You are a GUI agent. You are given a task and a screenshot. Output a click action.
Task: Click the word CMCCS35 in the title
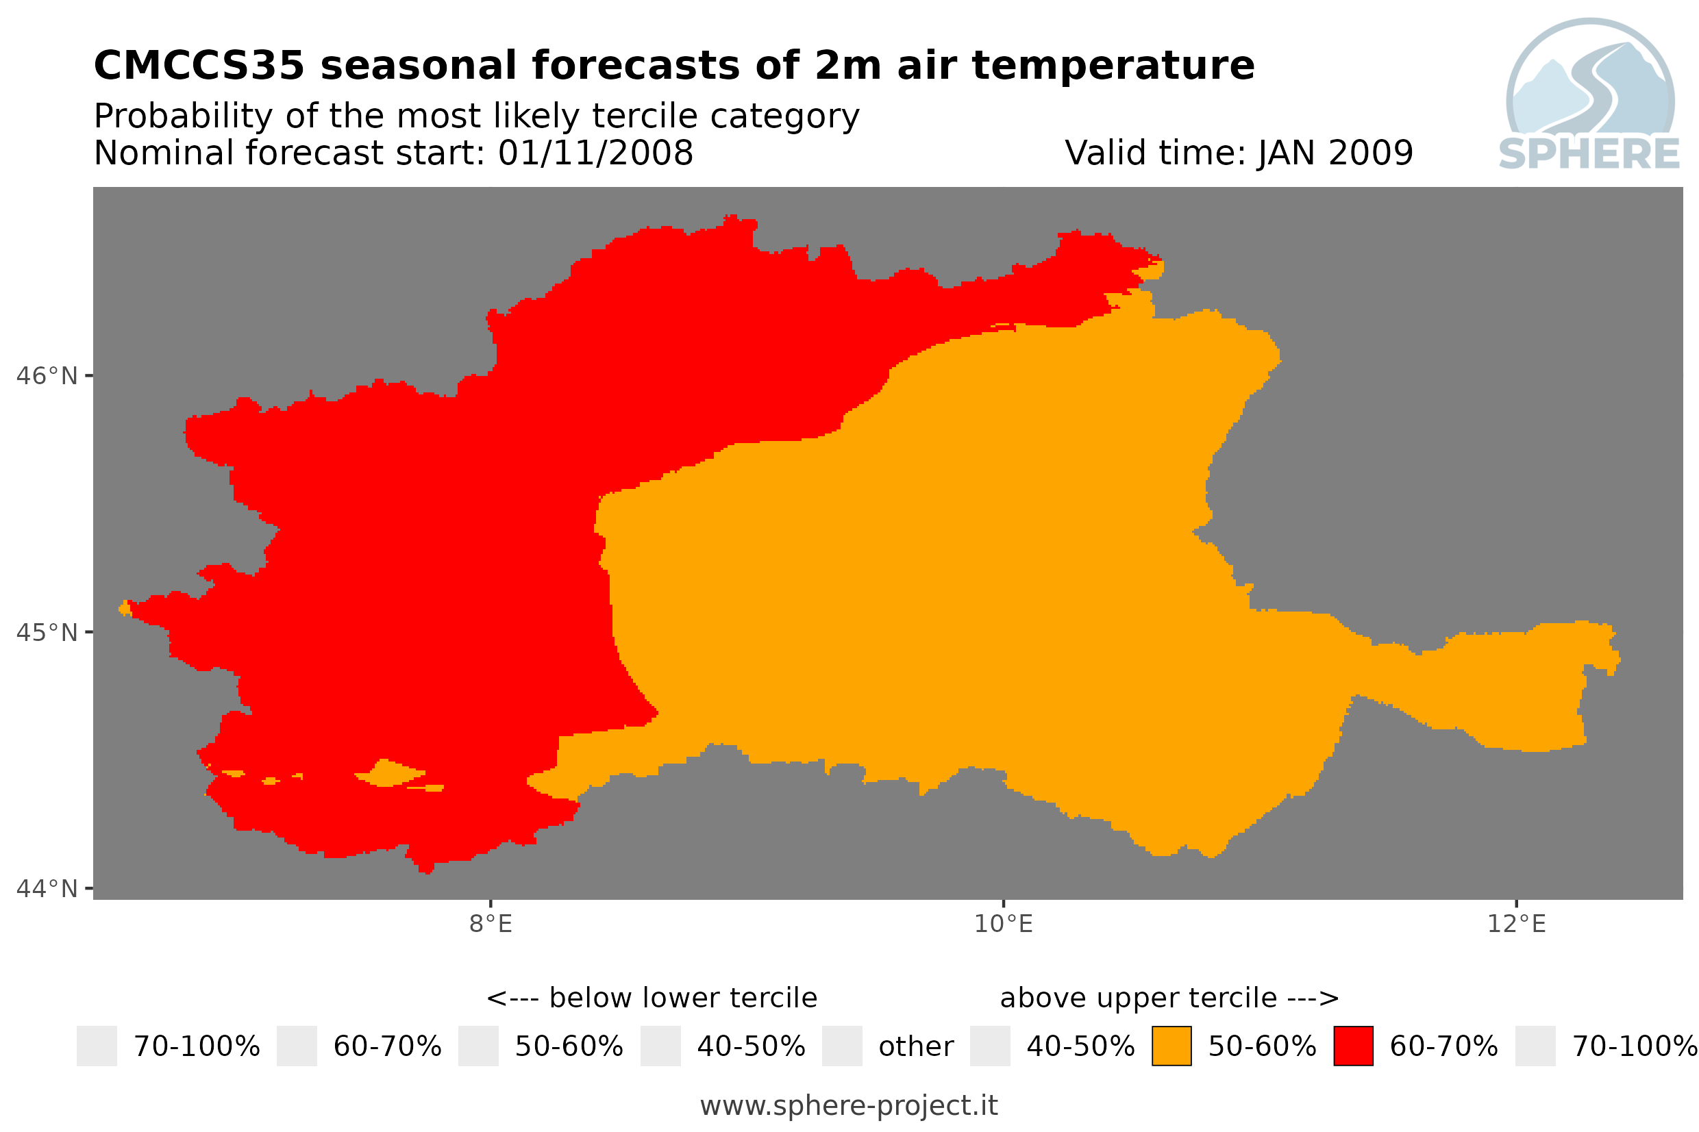pyautogui.click(x=199, y=66)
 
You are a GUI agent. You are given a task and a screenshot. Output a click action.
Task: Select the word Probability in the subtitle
pyautogui.click(x=184, y=116)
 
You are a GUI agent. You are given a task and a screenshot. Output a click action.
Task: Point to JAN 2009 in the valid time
pyautogui.click(x=1335, y=153)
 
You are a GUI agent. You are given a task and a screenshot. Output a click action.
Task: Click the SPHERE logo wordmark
pyautogui.click(x=1589, y=154)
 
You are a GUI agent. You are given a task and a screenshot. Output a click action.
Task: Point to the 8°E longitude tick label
pyautogui.click(x=491, y=924)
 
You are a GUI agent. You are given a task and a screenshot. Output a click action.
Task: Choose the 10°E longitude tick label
pyautogui.click(x=1003, y=924)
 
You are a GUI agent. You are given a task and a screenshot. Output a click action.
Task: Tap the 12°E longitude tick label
pyautogui.click(x=1515, y=924)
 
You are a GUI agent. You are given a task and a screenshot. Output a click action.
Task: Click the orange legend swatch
pyautogui.click(x=1171, y=1046)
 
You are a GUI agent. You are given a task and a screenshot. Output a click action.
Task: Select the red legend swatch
pyautogui.click(x=1353, y=1046)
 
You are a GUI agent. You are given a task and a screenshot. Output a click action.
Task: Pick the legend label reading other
pyautogui.click(x=915, y=1047)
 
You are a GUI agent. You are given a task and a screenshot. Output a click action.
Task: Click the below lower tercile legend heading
pyautogui.click(x=652, y=998)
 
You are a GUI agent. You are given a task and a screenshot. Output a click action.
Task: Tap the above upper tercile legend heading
pyautogui.click(x=1169, y=998)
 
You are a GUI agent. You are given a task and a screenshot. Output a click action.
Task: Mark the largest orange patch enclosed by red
pyautogui.click(x=390, y=773)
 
